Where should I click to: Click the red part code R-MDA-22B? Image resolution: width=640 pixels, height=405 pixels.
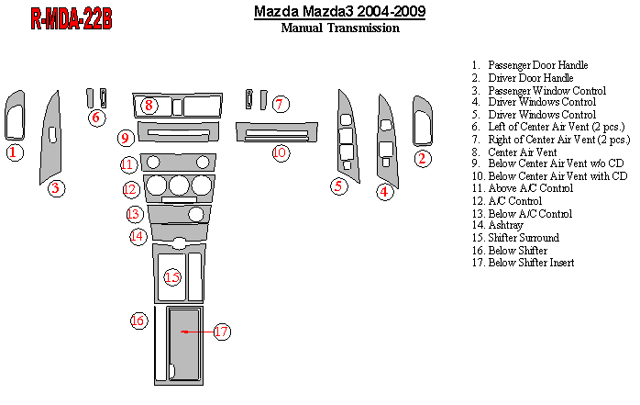click(x=72, y=18)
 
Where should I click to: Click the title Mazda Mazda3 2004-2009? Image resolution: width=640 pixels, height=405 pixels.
click(x=339, y=11)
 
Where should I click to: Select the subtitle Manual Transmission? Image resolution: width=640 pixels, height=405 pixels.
click(x=340, y=28)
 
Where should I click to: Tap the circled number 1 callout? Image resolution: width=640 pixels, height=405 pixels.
click(x=15, y=152)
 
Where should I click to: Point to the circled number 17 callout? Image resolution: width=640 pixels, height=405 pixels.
click(x=222, y=332)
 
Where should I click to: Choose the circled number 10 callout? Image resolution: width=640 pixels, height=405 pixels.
click(x=281, y=152)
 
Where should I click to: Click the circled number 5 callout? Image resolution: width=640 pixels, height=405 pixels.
click(x=338, y=186)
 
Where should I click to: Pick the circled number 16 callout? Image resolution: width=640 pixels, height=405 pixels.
click(x=138, y=321)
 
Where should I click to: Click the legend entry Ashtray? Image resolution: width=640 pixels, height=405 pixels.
click(x=498, y=225)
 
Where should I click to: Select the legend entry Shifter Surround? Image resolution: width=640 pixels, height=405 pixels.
click(x=515, y=238)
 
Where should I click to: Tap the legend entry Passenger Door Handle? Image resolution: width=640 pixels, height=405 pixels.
click(x=530, y=65)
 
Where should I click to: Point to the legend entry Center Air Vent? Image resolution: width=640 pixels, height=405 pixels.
click(x=514, y=152)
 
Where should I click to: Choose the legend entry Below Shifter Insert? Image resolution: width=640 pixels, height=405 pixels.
click(x=523, y=263)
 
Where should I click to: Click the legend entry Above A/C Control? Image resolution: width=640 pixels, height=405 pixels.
click(x=523, y=188)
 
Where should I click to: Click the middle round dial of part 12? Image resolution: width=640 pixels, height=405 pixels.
click(x=179, y=186)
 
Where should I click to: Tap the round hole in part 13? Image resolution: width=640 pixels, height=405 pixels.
click(x=196, y=214)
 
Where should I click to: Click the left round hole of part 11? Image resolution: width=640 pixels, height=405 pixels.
click(x=153, y=163)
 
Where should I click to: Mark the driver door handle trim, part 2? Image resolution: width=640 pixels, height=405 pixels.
click(x=423, y=121)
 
